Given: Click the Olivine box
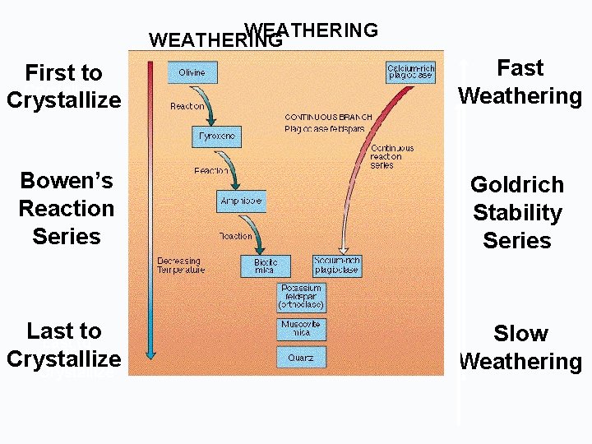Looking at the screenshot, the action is tap(192, 72).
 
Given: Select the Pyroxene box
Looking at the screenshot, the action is tap(217, 136).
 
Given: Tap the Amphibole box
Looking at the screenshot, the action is tap(241, 201).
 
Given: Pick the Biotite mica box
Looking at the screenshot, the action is tap(266, 266).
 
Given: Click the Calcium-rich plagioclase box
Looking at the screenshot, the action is tap(410, 72).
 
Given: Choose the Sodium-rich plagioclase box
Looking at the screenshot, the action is tap(337, 266).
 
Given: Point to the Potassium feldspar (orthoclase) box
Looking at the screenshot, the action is tap(302, 297).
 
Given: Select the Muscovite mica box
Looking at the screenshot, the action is tap(302, 329).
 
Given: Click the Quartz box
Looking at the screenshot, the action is tap(301, 358).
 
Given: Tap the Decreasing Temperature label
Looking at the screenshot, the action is tap(180, 266).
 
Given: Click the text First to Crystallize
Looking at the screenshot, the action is tap(63, 86).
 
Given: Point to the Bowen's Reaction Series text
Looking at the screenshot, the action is tap(66, 208).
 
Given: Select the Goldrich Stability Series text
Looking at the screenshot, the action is tap(517, 212).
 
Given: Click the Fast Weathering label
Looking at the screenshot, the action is tap(520, 82).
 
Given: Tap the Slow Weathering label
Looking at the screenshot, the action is tap(520, 347).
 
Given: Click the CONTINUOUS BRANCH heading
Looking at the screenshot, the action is tap(328, 118).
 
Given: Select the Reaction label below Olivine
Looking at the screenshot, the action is tap(187, 106).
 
